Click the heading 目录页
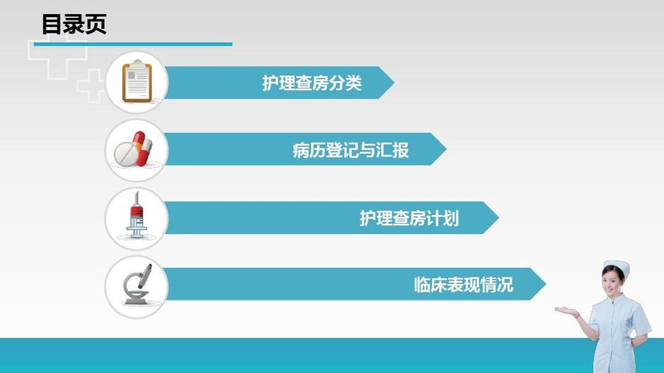click(74, 24)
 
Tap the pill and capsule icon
click(135, 150)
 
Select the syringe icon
click(136, 216)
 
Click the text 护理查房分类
click(312, 83)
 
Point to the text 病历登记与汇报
click(351, 150)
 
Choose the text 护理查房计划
click(409, 218)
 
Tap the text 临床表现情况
click(463, 284)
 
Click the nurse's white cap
click(616, 266)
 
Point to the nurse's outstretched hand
click(565, 310)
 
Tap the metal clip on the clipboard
click(137, 65)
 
